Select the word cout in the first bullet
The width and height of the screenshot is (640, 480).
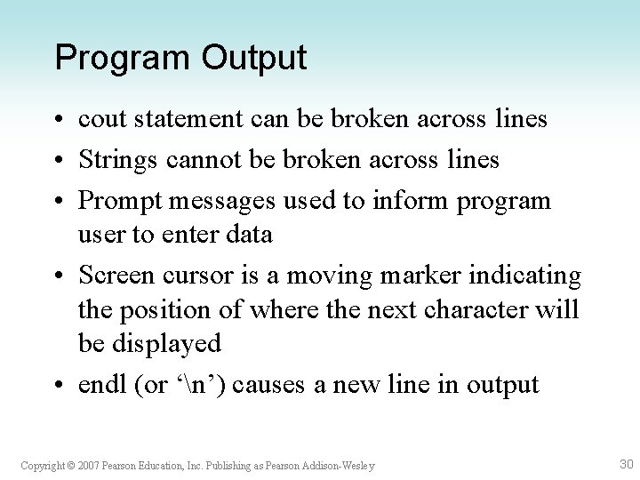100,119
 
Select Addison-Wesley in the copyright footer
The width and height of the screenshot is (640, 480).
341,465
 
